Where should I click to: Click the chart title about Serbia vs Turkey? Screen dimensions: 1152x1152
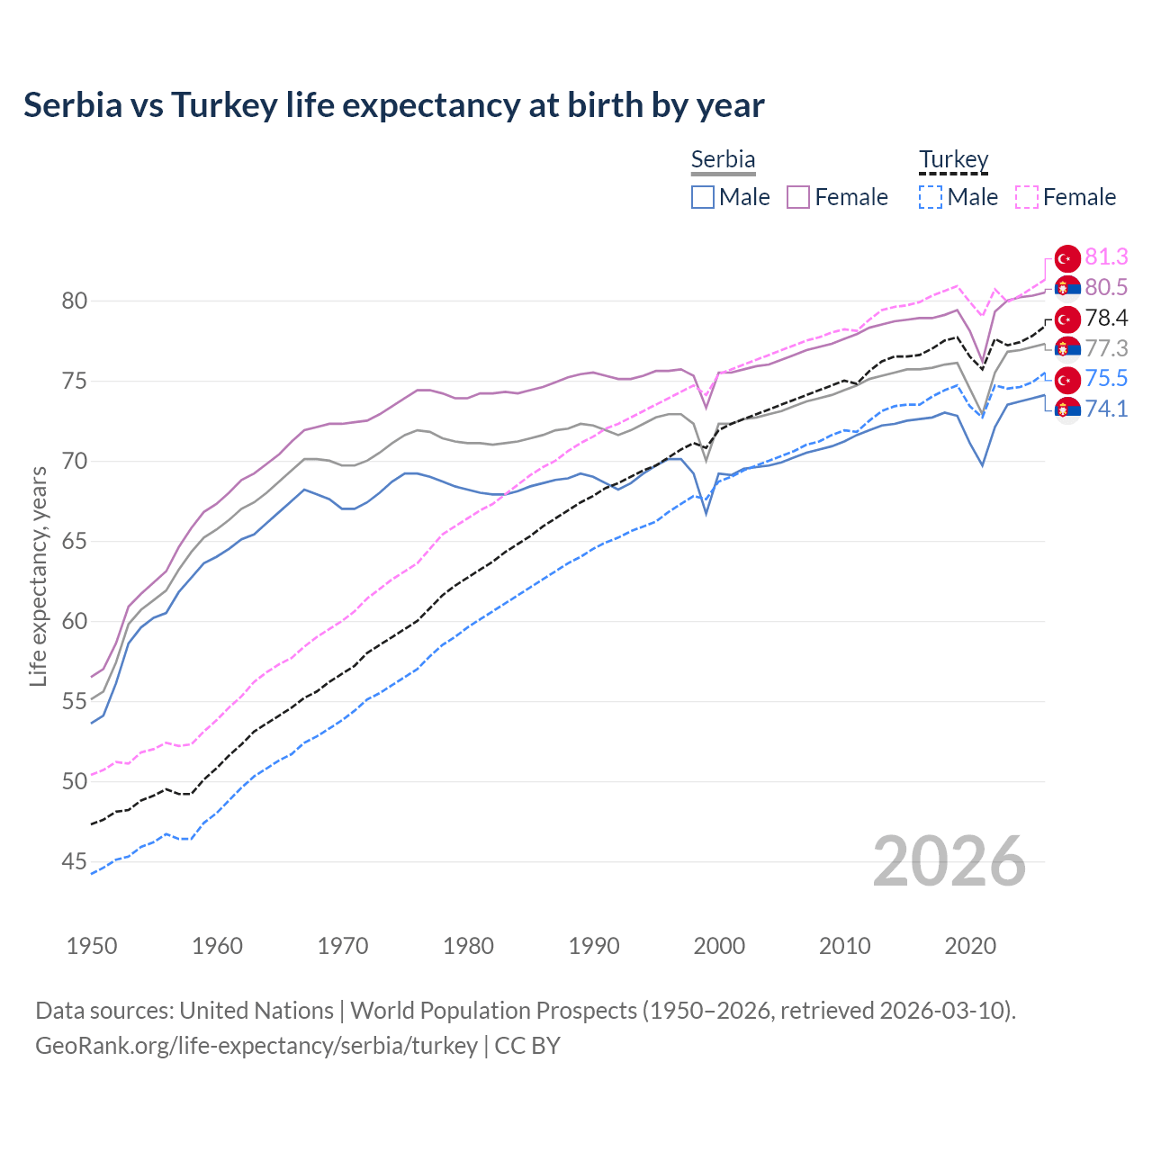(393, 105)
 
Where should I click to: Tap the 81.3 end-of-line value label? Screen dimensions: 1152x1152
(1106, 257)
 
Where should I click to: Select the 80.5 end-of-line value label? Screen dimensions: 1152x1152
(1106, 287)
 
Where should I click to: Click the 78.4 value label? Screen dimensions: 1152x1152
(1106, 319)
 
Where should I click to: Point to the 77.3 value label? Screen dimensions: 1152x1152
(1106, 348)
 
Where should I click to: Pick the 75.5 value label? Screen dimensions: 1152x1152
(1106, 379)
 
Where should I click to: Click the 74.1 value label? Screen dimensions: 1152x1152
(1106, 409)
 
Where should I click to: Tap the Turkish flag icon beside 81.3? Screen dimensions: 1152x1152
(1067, 258)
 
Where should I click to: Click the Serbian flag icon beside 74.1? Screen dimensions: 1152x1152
(1067, 409)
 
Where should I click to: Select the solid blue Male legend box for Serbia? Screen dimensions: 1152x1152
(703, 197)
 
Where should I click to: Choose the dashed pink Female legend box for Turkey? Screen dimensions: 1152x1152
(1027, 197)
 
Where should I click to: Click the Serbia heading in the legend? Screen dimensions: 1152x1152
(723, 159)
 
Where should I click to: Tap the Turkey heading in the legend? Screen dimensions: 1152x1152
(953, 159)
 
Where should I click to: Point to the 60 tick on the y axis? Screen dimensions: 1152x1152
(74, 622)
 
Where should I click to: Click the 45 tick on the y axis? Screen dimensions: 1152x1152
(74, 862)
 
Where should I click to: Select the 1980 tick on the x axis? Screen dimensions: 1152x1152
(468, 946)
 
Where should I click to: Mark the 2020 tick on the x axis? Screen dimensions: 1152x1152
(970, 946)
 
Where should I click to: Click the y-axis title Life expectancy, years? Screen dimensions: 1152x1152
(38, 576)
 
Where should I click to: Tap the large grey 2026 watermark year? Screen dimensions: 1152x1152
(949, 862)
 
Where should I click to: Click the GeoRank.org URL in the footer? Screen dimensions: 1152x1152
(256, 1046)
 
